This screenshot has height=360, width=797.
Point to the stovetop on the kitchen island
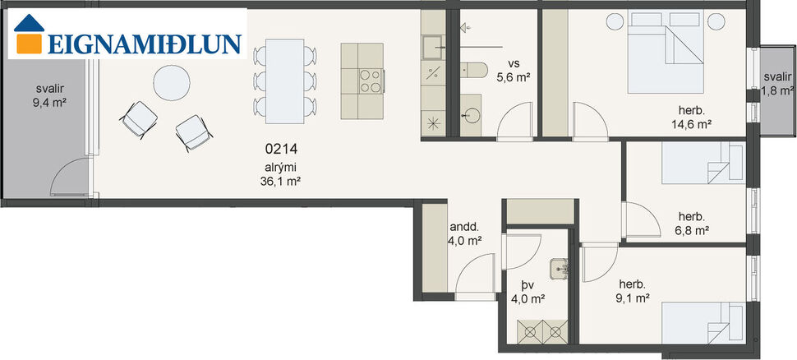(371, 80)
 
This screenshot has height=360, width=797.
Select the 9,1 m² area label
(634, 298)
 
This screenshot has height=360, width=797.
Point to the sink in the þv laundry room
(561, 266)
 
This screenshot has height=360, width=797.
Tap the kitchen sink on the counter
(432, 46)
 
